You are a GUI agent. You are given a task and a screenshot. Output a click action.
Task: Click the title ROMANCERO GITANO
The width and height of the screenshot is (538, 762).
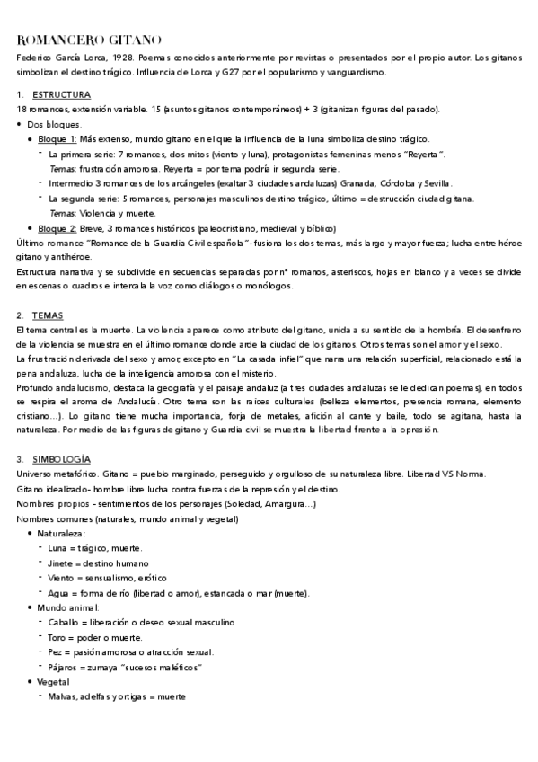pos(90,40)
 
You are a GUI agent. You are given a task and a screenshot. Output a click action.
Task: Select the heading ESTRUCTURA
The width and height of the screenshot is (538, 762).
pos(61,94)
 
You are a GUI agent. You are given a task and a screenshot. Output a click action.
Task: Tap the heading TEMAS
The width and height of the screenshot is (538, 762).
pos(48,315)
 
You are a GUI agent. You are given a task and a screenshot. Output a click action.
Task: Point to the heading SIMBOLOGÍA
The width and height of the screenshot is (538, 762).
pos(62,459)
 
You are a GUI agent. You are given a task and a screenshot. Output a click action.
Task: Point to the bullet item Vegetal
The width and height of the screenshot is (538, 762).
pos(54,682)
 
